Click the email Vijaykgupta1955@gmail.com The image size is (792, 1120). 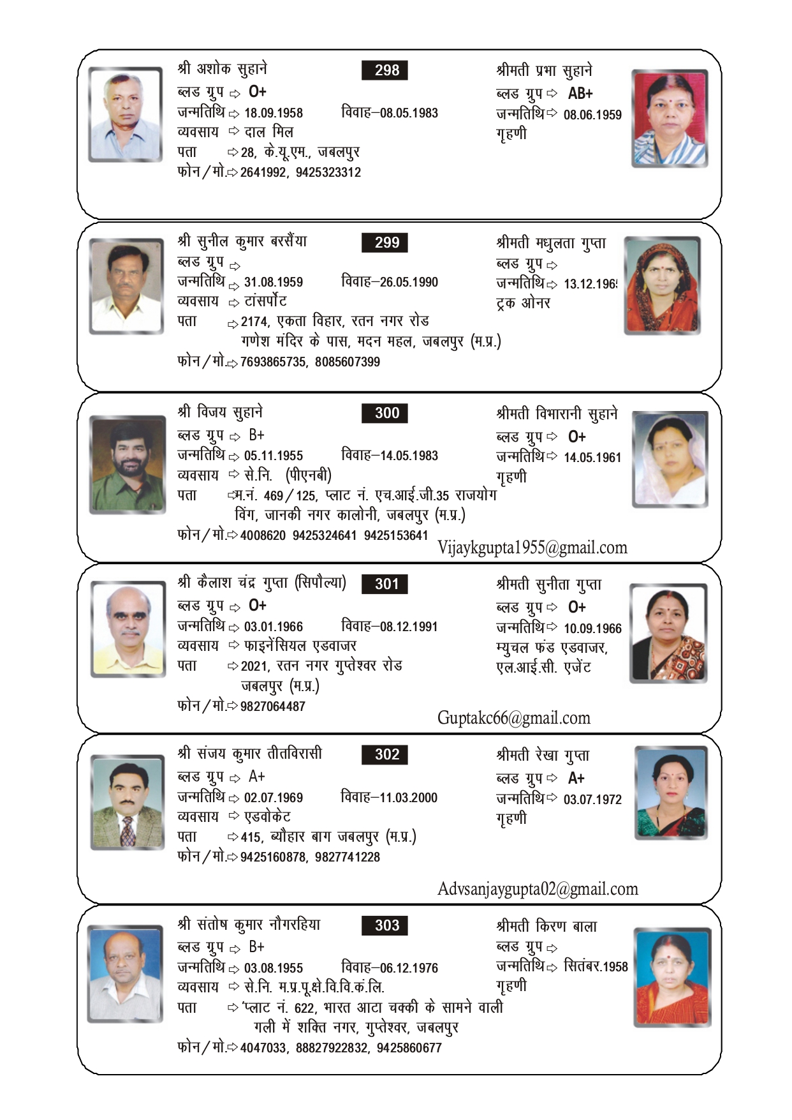click(532, 548)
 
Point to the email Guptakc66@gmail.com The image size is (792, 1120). click(513, 718)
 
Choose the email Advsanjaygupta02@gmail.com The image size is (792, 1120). click(537, 889)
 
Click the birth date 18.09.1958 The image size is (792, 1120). click(274, 113)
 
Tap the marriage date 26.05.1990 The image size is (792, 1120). click(409, 282)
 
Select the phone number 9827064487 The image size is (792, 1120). click(273, 706)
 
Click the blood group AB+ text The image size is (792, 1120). click(580, 94)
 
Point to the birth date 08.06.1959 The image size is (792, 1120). click(592, 115)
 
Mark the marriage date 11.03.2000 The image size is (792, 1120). click(408, 798)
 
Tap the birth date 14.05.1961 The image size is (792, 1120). click(592, 458)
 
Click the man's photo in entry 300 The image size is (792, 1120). click(128, 464)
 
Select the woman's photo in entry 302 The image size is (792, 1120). click(671, 793)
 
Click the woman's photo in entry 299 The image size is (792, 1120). click(662, 285)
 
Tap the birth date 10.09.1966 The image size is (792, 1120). click(592, 629)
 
